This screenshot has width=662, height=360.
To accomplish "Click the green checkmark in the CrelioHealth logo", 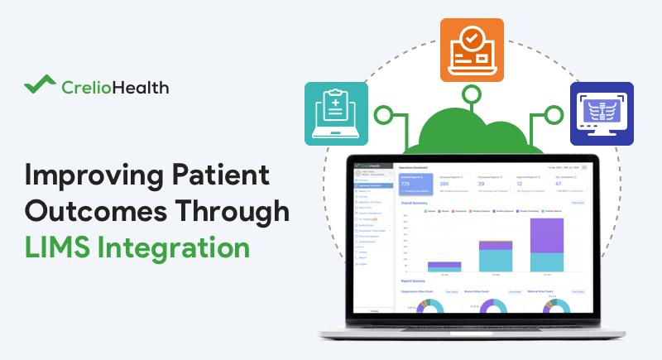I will pos(41,85).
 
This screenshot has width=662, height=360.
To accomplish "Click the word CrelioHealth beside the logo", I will pos(115,85).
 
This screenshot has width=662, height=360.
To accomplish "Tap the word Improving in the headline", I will pos(86,175).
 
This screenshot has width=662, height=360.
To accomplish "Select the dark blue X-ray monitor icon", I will pos(602,114).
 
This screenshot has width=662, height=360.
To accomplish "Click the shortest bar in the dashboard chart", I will pos(444,266).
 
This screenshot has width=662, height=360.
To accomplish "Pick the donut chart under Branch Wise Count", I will pos(492,307).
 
